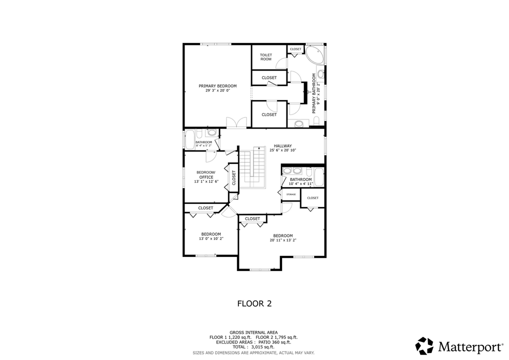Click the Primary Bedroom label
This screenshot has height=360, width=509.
[217, 86]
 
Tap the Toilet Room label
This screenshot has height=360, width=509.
[266, 57]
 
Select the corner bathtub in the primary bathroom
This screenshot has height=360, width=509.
[314, 54]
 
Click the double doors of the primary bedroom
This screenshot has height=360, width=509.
[236, 122]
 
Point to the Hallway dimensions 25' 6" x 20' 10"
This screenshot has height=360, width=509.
[282, 150]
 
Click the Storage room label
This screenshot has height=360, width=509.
[291, 194]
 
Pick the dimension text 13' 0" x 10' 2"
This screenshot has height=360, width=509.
[211, 239]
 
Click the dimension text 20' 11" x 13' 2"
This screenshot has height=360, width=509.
[283, 240]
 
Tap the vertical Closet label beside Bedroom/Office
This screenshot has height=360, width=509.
[233, 177]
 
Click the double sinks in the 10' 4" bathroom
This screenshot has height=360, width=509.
[292, 170]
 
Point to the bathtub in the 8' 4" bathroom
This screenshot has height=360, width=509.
[190, 139]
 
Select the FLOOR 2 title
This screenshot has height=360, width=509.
[254, 303]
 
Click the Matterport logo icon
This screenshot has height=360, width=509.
[425, 346]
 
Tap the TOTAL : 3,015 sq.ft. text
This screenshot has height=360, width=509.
[254, 347]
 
